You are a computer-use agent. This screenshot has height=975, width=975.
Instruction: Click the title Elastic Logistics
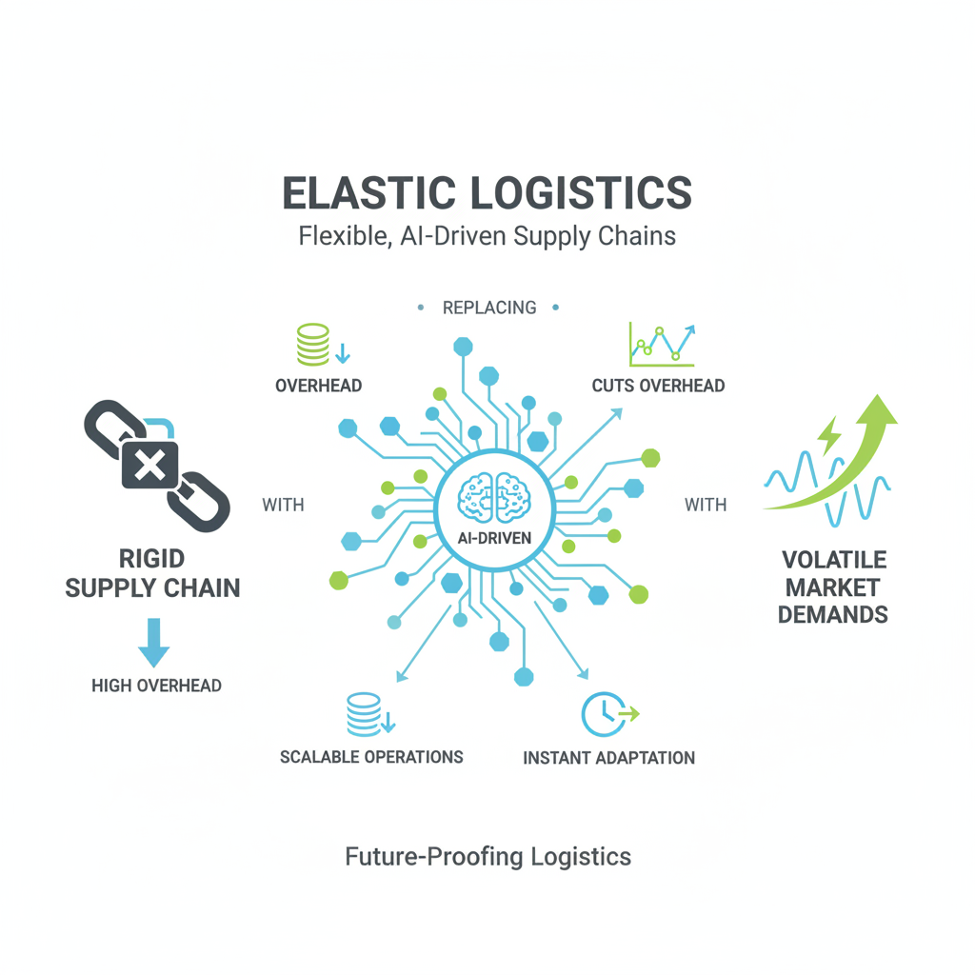click(487, 192)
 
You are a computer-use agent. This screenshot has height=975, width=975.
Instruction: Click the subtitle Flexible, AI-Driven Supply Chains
click(487, 236)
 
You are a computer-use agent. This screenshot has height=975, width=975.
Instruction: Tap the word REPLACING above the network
click(489, 308)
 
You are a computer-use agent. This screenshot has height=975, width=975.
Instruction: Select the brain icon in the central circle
click(494, 498)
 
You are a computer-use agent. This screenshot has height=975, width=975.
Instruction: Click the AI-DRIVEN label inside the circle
click(494, 539)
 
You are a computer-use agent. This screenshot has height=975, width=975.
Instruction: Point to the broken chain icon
click(157, 466)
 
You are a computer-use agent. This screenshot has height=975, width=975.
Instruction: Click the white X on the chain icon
click(149, 465)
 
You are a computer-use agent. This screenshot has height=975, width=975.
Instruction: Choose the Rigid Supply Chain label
click(152, 573)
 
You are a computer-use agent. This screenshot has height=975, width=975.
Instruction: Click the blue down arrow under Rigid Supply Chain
click(153, 643)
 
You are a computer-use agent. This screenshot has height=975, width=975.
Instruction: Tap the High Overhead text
click(157, 686)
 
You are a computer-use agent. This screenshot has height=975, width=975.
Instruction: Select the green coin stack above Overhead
click(312, 345)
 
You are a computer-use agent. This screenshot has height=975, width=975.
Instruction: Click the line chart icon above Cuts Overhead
click(662, 345)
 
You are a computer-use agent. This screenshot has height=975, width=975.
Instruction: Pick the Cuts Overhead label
click(659, 387)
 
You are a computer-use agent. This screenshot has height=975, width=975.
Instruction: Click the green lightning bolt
click(828, 435)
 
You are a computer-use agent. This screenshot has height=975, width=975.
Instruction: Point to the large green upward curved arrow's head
click(877, 410)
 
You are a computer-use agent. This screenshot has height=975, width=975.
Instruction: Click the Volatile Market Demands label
click(833, 587)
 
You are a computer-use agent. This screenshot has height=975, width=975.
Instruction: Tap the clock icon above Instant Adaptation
click(603, 714)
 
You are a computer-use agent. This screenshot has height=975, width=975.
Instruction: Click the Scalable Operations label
click(371, 757)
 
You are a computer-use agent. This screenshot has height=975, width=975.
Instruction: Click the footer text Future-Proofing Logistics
click(488, 857)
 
